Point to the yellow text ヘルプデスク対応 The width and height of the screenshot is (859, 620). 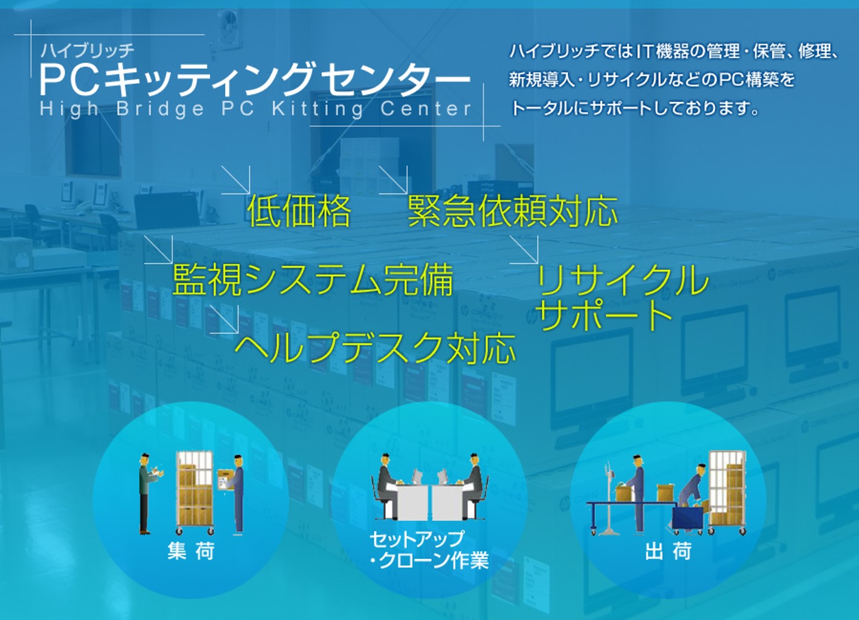[x=375, y=348]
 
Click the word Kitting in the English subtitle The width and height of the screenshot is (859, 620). [x=317, y=109]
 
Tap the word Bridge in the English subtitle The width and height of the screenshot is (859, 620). [x=161, y=109]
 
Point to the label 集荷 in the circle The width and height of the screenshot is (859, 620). [x=191, y=552]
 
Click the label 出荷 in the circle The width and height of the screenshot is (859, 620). [x=669, y=552]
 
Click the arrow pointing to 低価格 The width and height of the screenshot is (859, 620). [x=236, y=180]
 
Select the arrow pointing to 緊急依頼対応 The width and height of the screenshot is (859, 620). [x=393, y=180]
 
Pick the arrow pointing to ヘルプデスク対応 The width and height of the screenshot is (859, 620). [x=225, y=319]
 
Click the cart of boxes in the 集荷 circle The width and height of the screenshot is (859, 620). [x=195, y=493]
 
